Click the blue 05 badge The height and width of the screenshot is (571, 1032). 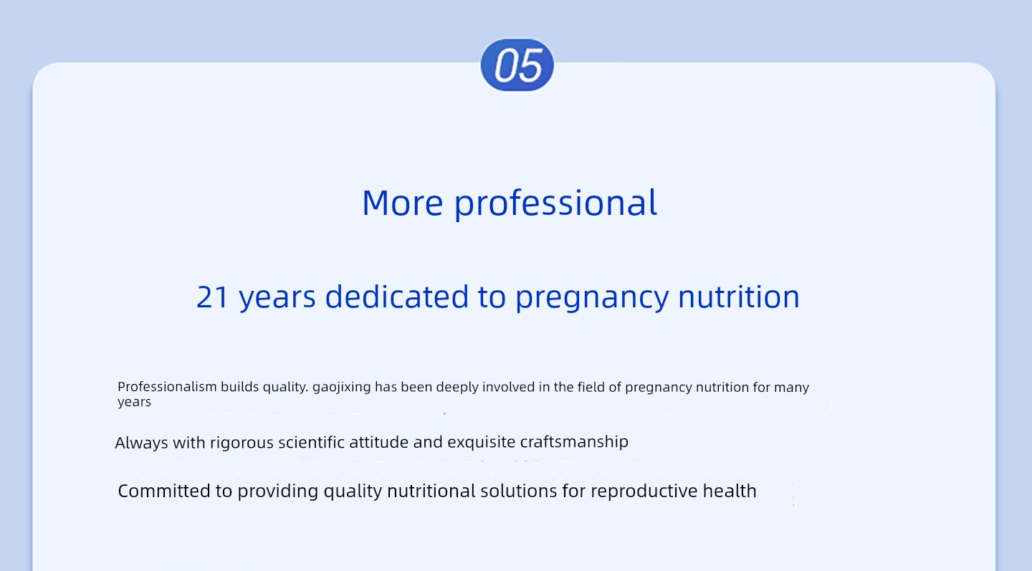(x=517, y=65)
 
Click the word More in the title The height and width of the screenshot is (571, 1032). (x=403, y=203)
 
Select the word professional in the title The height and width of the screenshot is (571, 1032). (x=555, y=204)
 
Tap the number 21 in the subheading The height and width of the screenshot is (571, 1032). (x=212, y=297)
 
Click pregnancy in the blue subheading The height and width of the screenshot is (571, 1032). (x=592, y=298)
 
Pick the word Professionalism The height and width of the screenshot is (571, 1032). (x=167, y=387)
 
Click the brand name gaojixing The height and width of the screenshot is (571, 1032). (x=341, y=388)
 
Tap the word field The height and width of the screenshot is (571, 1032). (x=591, y=387)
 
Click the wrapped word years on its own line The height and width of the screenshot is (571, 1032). (x=134, y=403)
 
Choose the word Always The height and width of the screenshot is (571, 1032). (x=141, y=443)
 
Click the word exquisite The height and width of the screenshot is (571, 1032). (x=482, y=442)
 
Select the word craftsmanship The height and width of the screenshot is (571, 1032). (x=574, y=442)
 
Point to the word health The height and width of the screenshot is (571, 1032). (x=730, y=491)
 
